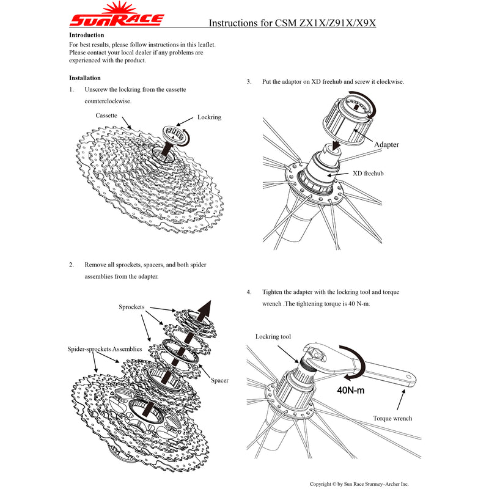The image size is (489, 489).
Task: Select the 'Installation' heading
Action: pyautogui.click(x=85, y=78)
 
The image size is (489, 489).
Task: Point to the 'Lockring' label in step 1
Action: pyautogui.click(x=209, y=117)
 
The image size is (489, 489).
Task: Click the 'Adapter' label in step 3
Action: pyautogui.click(x=386, y=145)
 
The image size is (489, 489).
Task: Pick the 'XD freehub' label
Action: pyautogui.click(x=368, y=173)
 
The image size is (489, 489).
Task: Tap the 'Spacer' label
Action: pyautogui.click(x=219, y=380)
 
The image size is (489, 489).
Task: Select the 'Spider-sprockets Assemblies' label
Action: pyautogui.click(x=105, y=348)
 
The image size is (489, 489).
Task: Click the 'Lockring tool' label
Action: pyautogui.click(x=273, y=337)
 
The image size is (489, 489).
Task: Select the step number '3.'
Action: pyautogui.click(x=249, y=81)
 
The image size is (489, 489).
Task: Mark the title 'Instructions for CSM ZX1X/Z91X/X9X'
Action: pyautogui.click(x=292, y=23)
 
